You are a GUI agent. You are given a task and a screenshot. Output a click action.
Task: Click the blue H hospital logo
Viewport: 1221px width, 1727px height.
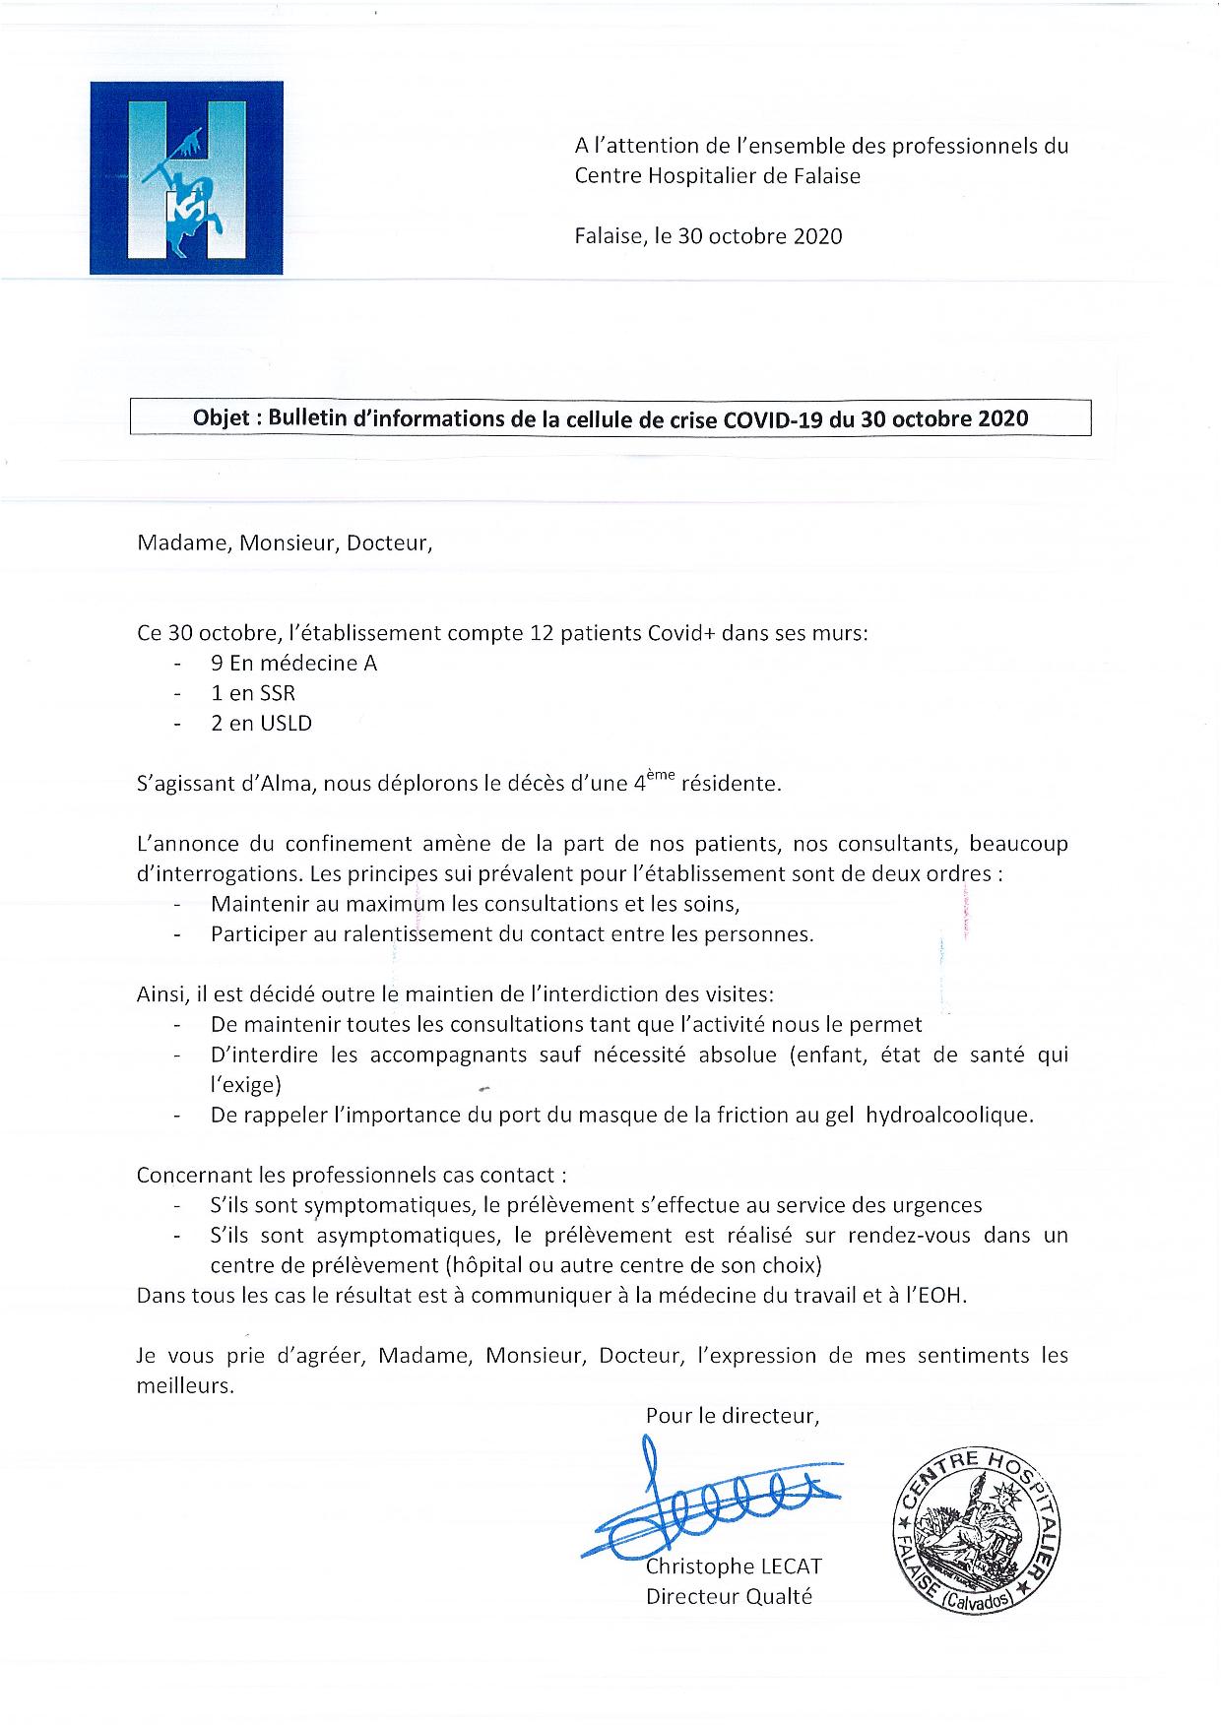pos(186,178)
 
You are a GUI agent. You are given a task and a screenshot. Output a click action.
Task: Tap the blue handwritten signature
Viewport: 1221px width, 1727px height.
pos(709,1502)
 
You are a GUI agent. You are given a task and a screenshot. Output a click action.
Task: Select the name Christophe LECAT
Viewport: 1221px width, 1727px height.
pos(734,1567)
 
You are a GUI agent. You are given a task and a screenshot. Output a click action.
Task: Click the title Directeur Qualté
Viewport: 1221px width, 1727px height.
pos(729,1597)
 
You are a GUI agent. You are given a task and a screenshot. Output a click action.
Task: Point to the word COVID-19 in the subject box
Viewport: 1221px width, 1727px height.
pos(772,418)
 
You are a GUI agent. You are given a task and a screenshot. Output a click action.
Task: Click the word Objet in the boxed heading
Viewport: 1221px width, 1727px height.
pos(223,418)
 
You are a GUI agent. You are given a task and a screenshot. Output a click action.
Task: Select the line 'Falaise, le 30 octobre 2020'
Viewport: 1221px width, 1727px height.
pos(708,236)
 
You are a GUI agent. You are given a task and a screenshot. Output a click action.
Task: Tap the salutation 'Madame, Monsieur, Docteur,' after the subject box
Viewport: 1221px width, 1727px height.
pos(285,544)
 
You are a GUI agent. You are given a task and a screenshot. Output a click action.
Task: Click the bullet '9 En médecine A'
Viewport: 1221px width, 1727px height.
pos(293,664)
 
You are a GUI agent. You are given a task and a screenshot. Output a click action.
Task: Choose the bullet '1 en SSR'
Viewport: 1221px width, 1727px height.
pos(253,693)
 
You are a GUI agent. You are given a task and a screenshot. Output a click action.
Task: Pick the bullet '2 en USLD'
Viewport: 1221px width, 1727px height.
pos(261,724)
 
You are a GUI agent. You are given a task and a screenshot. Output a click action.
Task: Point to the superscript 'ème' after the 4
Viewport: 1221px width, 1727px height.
pos(664,777)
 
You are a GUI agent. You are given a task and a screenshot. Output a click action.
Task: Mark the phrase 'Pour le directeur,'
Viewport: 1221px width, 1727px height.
pos(733,1416)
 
